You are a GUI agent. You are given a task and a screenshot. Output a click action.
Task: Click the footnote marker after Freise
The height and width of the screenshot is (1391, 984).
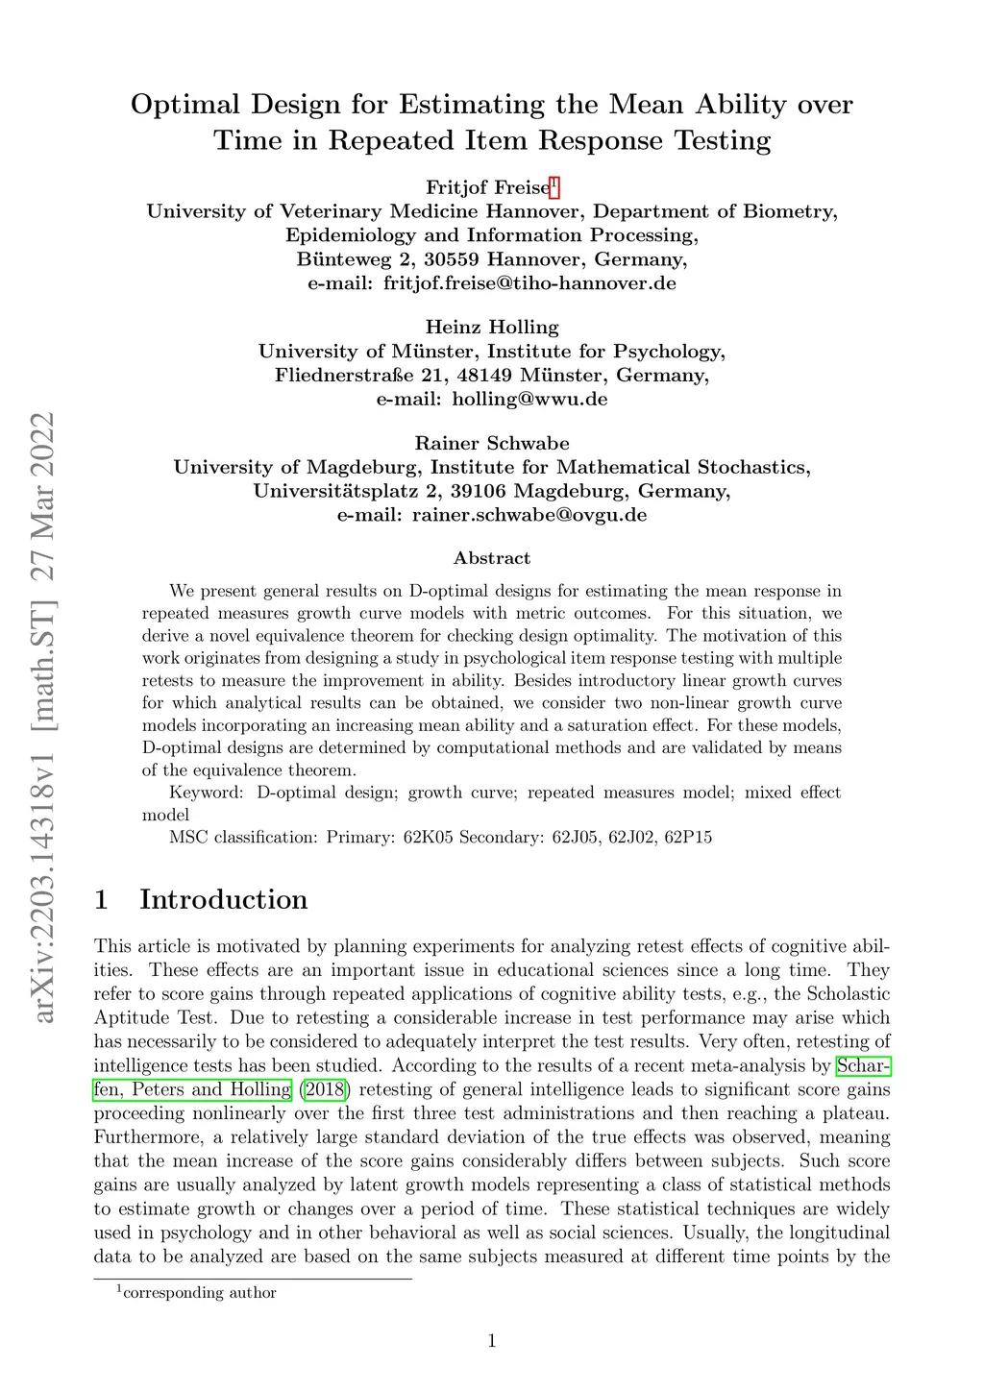click(x=553, y=183)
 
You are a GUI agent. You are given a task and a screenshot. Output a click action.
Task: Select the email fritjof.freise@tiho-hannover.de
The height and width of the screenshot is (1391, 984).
click(x=529, y=283)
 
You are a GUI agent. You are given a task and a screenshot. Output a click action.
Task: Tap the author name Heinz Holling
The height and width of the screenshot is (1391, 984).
click(x=492, y=328)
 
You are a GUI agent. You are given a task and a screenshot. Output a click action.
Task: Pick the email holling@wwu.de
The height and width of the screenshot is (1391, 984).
click(x=529, y=399)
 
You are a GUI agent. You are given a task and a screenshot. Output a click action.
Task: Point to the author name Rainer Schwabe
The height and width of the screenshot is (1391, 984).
click(x=492, y=443)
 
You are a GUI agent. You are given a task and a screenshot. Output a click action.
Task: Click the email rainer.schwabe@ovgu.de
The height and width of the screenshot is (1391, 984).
click(x=529, y=514)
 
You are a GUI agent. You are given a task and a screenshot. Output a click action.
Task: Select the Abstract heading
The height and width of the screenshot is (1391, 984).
click(x=492, y=558)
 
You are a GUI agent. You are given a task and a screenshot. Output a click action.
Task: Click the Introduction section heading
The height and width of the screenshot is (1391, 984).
click(x=223, y=899)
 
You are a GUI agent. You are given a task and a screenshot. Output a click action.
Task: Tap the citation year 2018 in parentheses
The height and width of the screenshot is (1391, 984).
click(x=323, y=1089)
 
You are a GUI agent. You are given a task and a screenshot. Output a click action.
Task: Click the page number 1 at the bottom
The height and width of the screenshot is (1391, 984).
click(x=492, y=1341)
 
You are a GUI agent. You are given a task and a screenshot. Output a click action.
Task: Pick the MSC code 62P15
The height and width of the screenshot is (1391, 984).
click(x=688, y=837)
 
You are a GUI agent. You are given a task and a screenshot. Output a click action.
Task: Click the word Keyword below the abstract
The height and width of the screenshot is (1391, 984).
click(x=205, y=793)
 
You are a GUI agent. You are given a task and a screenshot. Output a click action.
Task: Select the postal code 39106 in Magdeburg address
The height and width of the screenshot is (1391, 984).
click(x=450, y=491)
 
